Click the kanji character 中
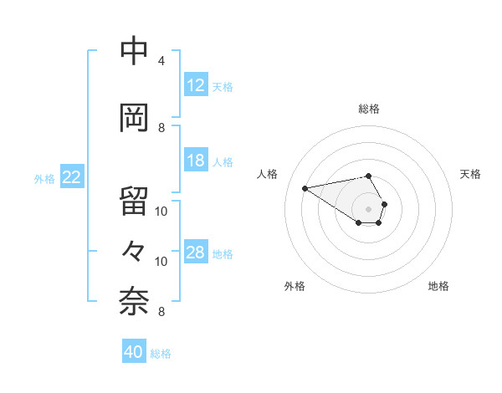pos(135,52)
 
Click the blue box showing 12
pos(196,85)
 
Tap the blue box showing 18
pos(196,161)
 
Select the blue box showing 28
pos(196,253)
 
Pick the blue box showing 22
pos(72,177)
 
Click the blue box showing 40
pos(134,352)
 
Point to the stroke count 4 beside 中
pos(161,61)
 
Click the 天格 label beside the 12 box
pos(223,86)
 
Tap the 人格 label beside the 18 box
pos(223,161)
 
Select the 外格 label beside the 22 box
pos(44,178)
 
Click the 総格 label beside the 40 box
pos(161,353)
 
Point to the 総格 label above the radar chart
pos(369,109)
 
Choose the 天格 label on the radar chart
pos(470,174)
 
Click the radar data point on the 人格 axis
pos(305,187)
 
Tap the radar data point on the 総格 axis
pos(369,176)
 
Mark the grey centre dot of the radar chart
pos(369,208)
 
